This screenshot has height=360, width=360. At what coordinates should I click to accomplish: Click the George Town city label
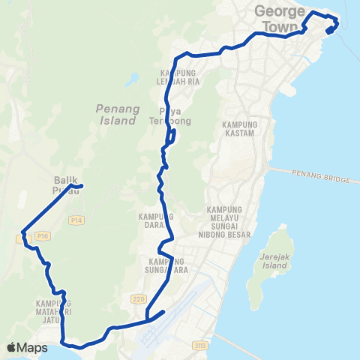click(x=280, y=17)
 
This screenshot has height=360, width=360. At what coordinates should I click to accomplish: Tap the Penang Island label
click(x=118, y=114)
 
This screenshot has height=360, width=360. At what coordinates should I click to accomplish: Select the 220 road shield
click(x=138, y=298)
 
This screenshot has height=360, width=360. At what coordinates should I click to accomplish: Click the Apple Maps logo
click(x=26, y=347)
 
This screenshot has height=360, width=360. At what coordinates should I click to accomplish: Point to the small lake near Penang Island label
click(x=133, y=78)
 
